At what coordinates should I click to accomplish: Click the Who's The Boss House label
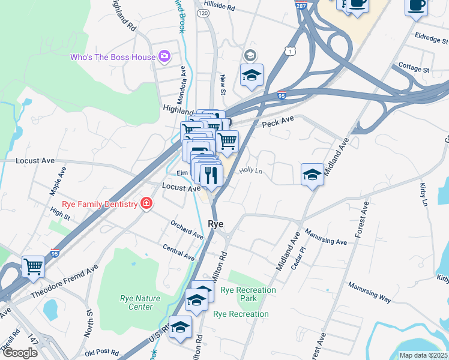(112, 57)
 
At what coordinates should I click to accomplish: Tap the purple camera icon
(164, 56)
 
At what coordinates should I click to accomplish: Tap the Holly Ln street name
(252, 171)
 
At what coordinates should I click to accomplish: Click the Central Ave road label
(179, 252)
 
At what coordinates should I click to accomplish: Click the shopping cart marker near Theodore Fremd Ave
(34, 265)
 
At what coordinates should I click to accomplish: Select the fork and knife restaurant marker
(210, 175)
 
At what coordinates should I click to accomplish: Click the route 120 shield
(202, 12)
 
